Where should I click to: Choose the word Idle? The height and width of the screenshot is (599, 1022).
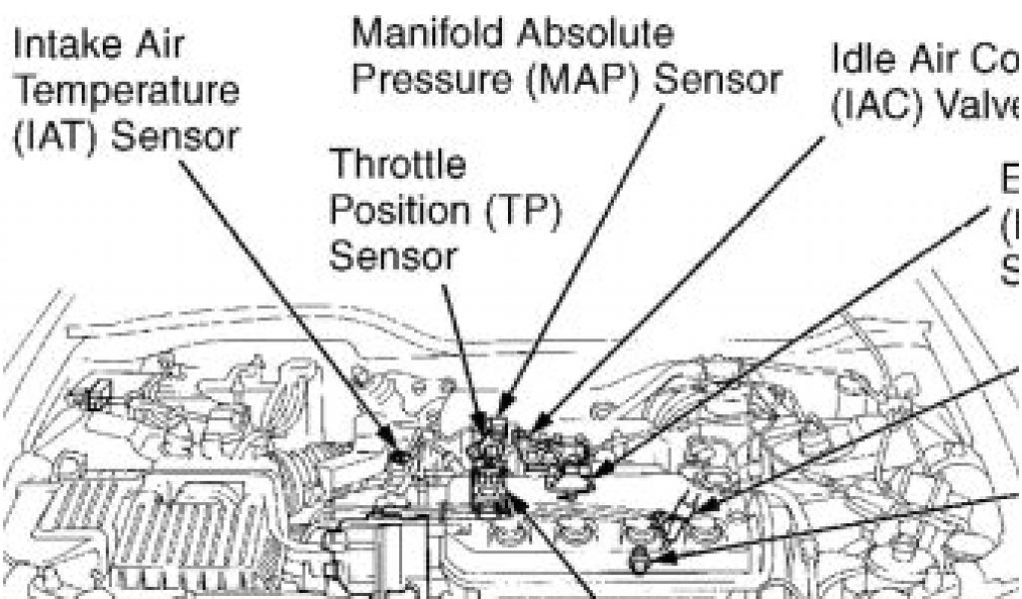pyautogui.click(x=859, y=62)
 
